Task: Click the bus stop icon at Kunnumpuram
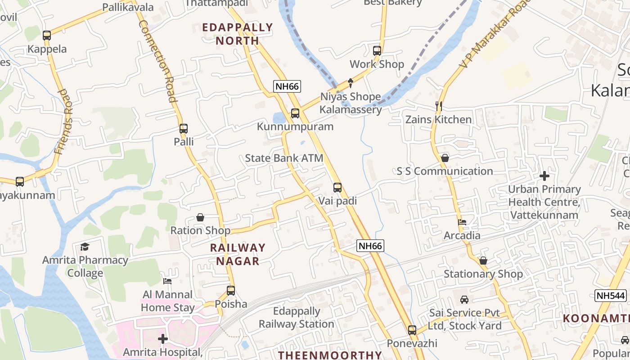tap(295, 113)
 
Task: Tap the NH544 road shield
tap(611, 296)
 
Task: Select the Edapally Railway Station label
tap(297, 317)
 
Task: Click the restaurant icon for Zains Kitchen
tap(439, 106)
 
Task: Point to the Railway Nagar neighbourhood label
tap(238, 254)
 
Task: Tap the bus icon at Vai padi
tap(337, 188)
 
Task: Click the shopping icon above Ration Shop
tap(200, 218)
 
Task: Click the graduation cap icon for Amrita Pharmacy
tap(85, 247)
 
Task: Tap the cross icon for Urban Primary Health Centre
tap(544, 176)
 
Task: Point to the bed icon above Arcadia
tap(462, 222)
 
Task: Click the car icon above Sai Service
tap(464, 299)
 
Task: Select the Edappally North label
tap(238, 34)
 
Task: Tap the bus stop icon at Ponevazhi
tap(412, 330)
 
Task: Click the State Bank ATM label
tap(284, 158)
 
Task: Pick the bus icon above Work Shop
tap(377, 51)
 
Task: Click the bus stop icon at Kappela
tap(47, 36)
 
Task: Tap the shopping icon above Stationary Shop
tap(483, 261)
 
